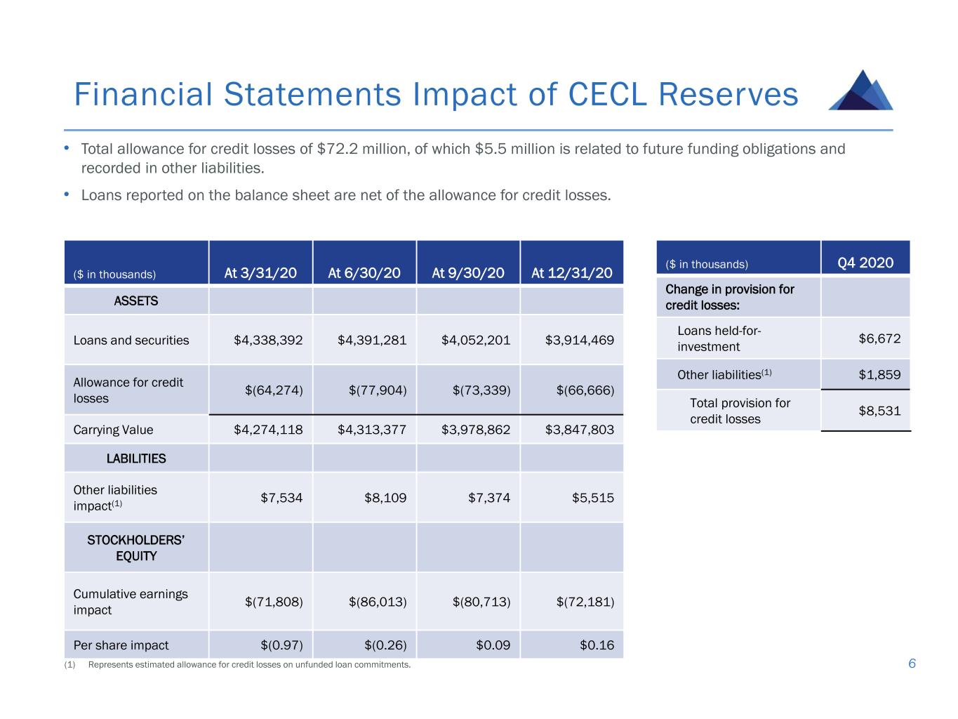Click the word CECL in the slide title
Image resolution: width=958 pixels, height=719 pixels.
(607, 94)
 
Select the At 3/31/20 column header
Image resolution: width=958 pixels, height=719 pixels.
(260, 273)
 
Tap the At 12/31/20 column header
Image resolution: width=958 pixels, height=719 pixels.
(571, 273)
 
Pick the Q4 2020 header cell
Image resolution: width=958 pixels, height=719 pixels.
(865, 263)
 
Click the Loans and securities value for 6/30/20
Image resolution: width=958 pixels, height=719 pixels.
(372, 340)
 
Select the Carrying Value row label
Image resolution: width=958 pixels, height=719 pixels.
(113, 430)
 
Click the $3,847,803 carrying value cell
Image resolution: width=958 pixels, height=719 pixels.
(579, 430)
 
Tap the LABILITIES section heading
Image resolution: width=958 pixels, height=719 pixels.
(136, 458)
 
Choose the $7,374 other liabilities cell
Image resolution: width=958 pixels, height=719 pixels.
(488, 497)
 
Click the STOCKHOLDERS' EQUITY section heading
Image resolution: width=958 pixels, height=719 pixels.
(136, 548)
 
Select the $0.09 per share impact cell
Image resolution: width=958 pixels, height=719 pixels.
(493, 645)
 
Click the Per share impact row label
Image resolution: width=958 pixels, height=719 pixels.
(121, 645)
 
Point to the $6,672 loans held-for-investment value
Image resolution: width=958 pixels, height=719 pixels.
(879, 338)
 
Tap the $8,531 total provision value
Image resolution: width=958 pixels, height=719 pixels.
(879, 410)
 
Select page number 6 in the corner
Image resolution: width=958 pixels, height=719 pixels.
(912, 664)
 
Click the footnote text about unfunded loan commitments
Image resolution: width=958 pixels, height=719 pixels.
(249, 664)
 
